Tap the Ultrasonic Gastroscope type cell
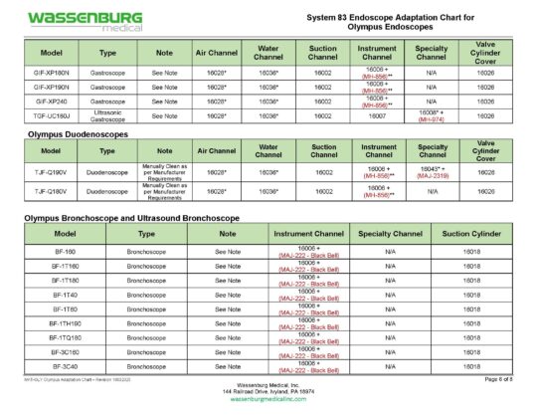click(x=108, y=115)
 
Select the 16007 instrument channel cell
click(x=376, y=115)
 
